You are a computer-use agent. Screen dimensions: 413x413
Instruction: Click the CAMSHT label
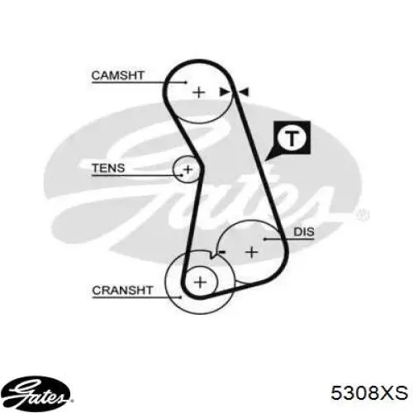coord(118,75)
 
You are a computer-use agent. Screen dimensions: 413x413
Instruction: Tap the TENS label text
coord(108,168)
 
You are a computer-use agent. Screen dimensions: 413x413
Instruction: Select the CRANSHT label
coord(122,290)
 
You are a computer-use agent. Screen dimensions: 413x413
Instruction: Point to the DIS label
coord(304,232)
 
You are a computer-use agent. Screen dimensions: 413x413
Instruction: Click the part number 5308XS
coord(369,392)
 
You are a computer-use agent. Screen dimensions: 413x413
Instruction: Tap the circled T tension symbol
coord(292,138)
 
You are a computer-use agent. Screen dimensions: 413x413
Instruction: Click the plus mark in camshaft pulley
coord(199,92)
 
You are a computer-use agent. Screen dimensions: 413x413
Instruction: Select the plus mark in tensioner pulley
coord(188,169)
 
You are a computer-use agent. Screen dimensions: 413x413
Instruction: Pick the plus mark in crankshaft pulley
coord(200,282)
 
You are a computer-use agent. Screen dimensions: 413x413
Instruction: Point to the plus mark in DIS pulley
coord(252,252)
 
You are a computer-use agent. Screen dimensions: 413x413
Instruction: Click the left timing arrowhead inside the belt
coord(224,92)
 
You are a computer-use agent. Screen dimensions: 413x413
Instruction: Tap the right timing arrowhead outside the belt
coord(244,92)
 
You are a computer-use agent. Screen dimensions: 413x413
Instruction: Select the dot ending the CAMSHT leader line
coord(186,82)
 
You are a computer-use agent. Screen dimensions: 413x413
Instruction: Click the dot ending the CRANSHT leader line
coord(180,297)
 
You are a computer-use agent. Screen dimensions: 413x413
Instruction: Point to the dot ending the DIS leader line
coord(265,239)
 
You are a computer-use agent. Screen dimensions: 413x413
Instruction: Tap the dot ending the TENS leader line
coord(182,175)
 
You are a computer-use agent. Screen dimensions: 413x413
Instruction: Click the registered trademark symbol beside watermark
coord(363,215)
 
